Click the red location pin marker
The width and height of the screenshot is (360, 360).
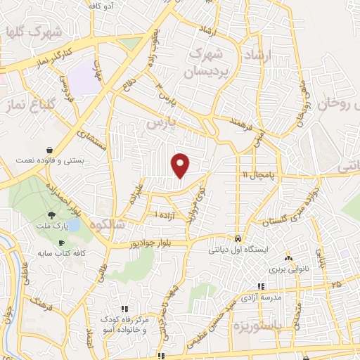coord(181,165)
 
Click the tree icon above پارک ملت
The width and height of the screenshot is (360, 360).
coord(51,215)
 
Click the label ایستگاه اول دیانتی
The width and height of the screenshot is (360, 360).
coord(238,249)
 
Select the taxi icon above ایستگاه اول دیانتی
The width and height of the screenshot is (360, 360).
coord(238,238)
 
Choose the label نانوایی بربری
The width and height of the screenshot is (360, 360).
coord(286,268)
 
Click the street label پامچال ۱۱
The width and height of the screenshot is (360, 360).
coord(261,174)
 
